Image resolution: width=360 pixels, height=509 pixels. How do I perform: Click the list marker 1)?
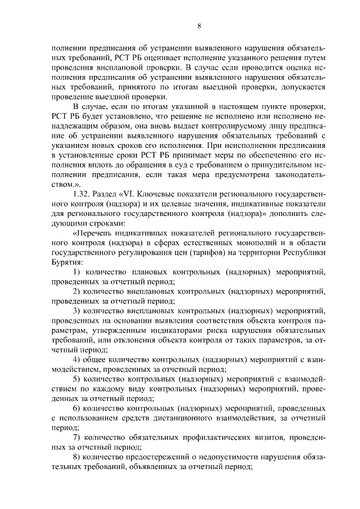tap(78, 272)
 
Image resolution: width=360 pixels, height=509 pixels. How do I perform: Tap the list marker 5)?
tap(78, 379)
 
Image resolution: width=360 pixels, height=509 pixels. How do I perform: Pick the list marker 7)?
tap(78, 437)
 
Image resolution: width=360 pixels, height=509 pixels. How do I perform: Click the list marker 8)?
tap(78, 457)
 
